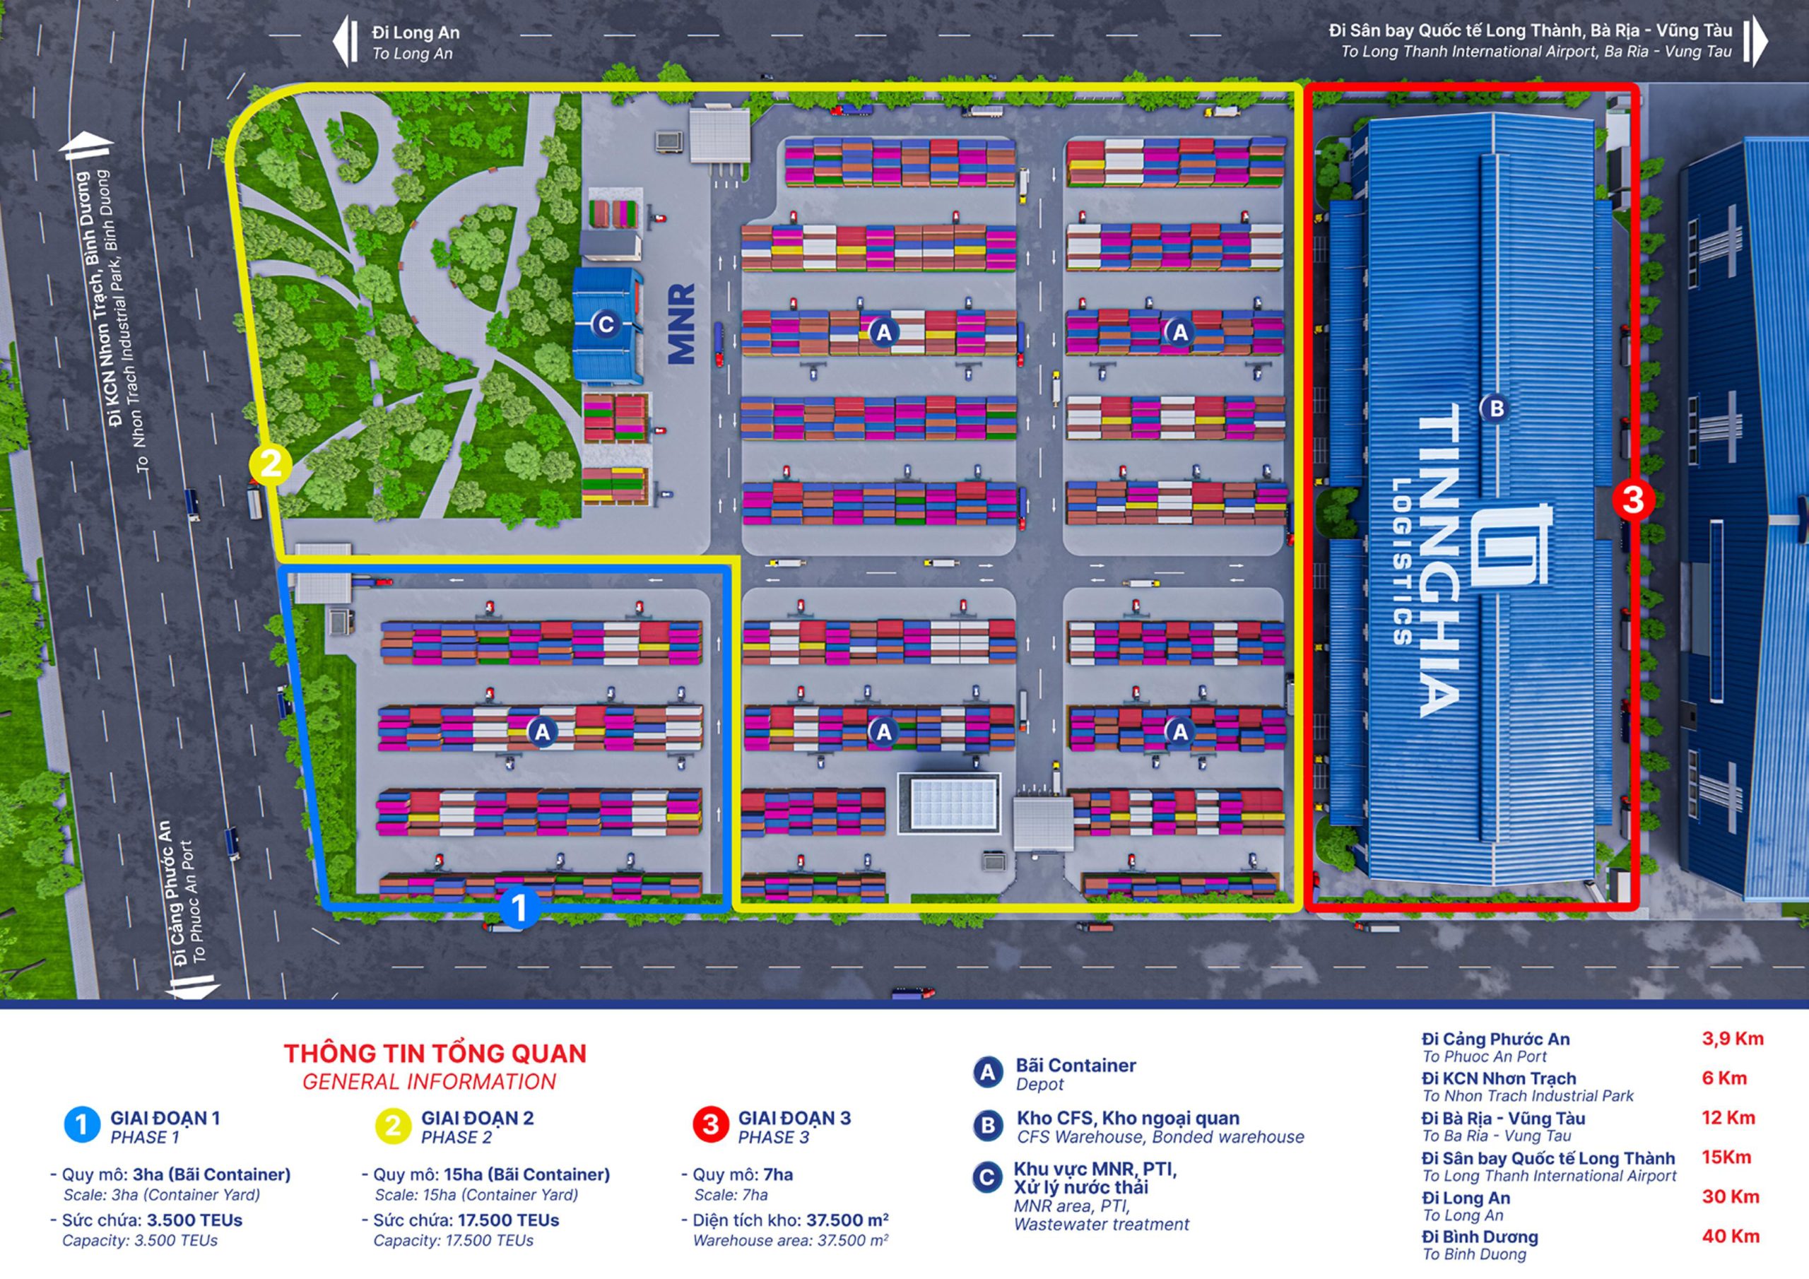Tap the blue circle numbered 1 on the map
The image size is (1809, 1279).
point(519,908)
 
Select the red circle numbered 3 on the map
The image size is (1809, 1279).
point(1632,500)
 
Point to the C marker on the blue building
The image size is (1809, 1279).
point(605,324)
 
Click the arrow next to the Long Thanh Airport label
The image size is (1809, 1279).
point(1755,41)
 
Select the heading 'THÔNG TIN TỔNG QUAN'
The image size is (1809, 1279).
point(435,1054)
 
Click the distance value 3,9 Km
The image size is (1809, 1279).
point(1733,1039)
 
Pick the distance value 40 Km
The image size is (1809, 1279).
point(1731,1236)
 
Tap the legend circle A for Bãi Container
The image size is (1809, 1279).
point(987,1073)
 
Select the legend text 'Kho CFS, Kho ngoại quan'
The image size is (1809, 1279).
point(1128,1118)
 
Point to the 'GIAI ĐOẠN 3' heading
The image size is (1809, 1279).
point(794,1118)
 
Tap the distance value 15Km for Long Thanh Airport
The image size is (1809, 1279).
point(1726,1157)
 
